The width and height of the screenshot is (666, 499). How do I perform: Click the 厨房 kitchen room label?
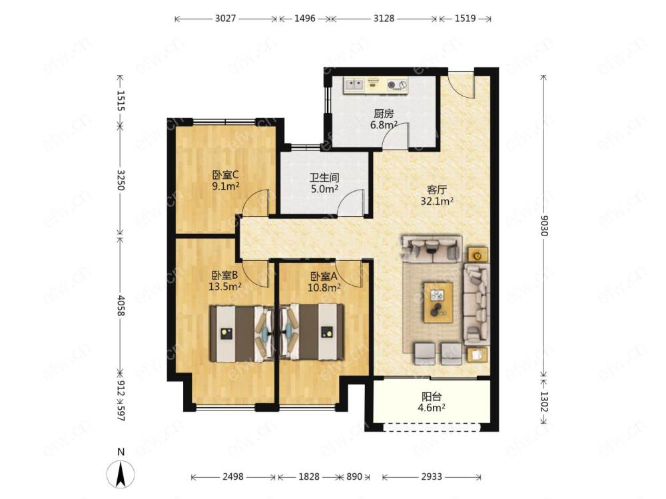point(384,114)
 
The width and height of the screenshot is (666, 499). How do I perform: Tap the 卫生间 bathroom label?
point(324,178)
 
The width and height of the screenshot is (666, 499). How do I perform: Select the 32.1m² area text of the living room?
point(437,201)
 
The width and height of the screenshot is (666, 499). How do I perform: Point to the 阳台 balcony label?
point(432,397)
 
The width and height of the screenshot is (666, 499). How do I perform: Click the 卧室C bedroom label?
point(226,175)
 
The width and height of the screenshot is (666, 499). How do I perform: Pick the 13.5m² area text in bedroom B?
point(224,287)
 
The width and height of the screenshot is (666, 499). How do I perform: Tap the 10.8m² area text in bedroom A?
point(324,288)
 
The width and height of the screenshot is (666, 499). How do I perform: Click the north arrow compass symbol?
point(121,473)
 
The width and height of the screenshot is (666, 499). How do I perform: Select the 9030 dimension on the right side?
point(544,226)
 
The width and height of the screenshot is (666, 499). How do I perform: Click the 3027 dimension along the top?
point(225,19)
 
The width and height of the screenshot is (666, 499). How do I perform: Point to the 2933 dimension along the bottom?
point(432,477)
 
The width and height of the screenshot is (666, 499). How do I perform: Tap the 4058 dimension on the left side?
point(121,305)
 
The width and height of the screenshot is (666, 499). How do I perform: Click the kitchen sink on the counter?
point(354,85)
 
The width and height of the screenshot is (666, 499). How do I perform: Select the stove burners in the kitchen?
point(397,85)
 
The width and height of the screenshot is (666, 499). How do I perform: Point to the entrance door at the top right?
point(461,84)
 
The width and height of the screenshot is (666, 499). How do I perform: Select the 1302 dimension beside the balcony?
point(544,401)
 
